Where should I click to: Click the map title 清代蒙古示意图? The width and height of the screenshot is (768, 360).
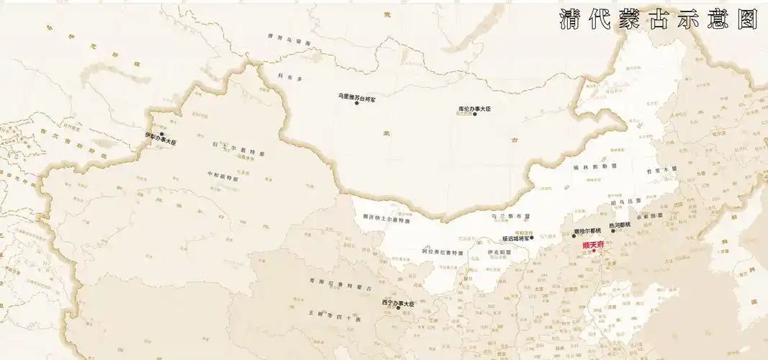click(659, 19)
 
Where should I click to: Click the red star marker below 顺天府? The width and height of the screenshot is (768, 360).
click(595, 252)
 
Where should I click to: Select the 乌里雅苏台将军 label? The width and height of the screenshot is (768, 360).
click(357, 96)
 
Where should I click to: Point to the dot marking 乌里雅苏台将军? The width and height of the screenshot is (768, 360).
click(357, 103)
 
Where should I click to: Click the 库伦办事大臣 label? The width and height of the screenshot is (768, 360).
click(474, 108)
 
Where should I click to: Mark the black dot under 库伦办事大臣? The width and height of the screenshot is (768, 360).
click(474, 114)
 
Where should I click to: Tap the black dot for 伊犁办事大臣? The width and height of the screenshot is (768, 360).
click(163, 134)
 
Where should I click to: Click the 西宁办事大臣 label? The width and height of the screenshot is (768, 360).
click(399, 302)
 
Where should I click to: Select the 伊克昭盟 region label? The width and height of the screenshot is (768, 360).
click(499, 252)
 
